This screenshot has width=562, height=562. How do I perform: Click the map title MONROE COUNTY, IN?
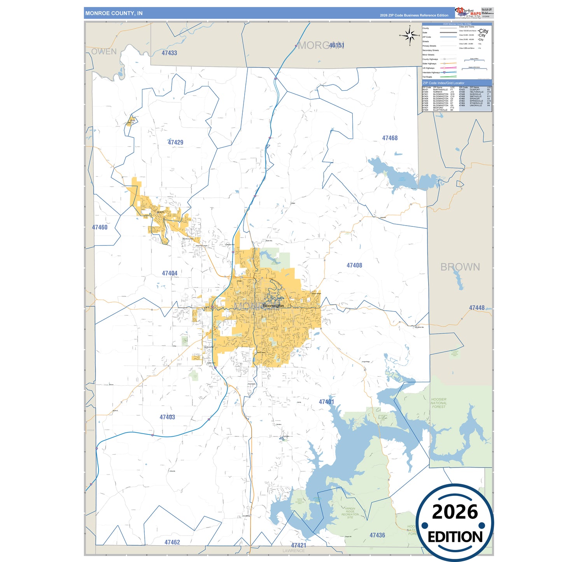pos(114,13)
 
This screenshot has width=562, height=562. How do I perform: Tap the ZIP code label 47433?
pos(169,53)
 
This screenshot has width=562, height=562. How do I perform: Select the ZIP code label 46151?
pos(336,45)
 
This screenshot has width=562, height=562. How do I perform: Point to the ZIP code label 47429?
pos(175,142)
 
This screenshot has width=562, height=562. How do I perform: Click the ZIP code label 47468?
pos(390,138)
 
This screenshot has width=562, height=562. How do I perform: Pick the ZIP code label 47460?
pos(100,227)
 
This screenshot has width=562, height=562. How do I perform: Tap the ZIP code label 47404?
pos(170,273)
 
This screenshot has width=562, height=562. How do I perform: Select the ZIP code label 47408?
pos(354,265)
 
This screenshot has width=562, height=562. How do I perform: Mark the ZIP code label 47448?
pos(477,308)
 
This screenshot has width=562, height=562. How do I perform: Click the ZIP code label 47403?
pos(167,417)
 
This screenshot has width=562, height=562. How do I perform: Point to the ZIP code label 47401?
pos(326,402)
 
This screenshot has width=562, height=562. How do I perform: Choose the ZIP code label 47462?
pos(172,542)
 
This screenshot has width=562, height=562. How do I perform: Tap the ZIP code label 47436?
pos(377,535)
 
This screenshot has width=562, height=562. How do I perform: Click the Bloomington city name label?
pos(273,306)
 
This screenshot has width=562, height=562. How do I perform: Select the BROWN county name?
pos(460,267)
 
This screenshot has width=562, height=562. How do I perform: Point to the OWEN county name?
pos(104,51)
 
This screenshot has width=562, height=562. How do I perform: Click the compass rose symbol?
pos(410,36)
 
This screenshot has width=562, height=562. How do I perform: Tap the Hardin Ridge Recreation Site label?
pos(350,513)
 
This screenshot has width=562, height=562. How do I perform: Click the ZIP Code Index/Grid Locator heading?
pos(443,83)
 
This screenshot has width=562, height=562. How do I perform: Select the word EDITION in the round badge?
pos(455,537)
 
